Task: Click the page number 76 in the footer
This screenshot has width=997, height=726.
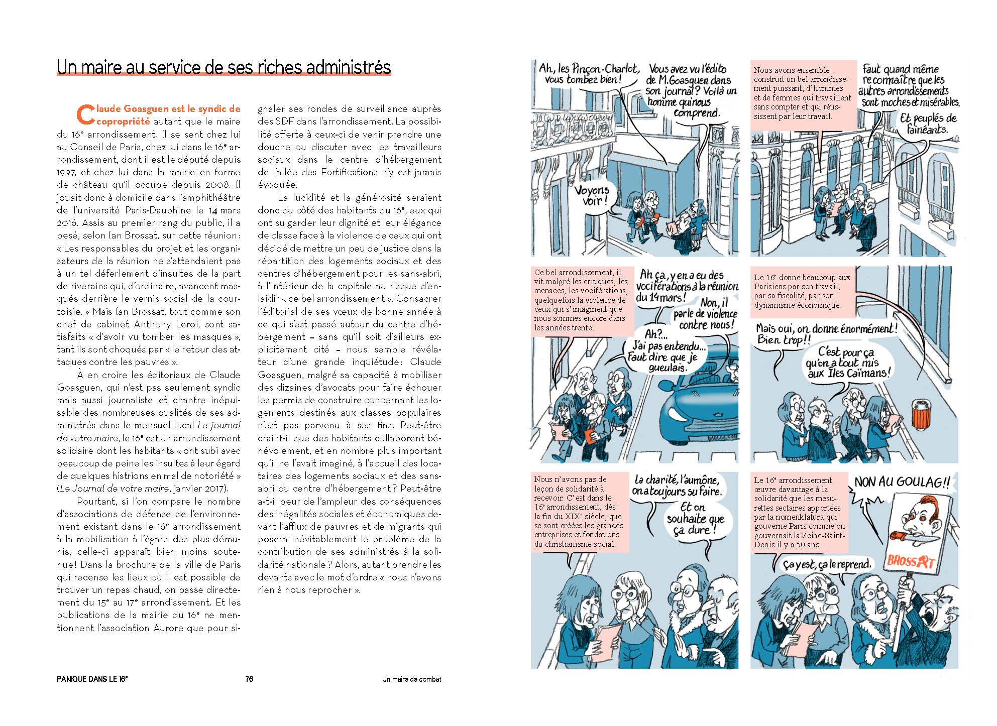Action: pyautogui.click(x=249, y=679)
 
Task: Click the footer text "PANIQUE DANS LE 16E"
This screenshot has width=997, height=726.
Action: pyautogui.click(x=92, y=679)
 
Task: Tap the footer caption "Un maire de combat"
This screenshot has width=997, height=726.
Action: pyautogui.click(x=411, y=679)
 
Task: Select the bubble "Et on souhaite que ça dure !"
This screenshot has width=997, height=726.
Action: pyautogui.click(x=695, y=519)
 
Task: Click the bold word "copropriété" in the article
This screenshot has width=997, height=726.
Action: pyautogui.click(x=123, y=121)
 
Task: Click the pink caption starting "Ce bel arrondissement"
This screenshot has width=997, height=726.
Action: pyautogui.click(x=581, y=300)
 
